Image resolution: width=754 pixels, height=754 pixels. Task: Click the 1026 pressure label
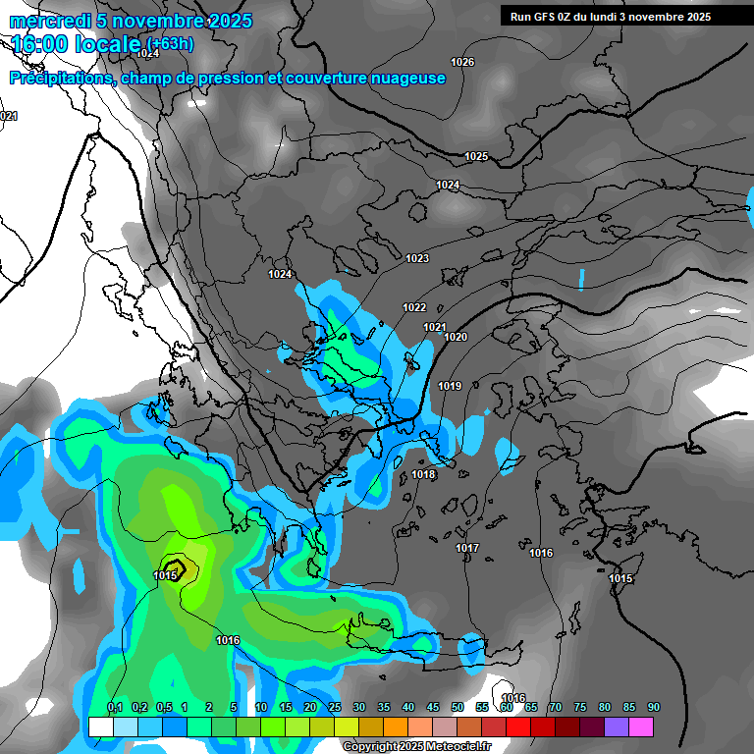pyautogui.click(x=462, y=63)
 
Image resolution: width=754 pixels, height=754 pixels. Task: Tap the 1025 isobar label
pyautogui.click(x=476, y=157)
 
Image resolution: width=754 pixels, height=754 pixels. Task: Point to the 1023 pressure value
pyautogui.click(x=417, y=259)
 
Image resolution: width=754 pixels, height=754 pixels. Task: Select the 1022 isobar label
pyautogui.click(x=414, y=308)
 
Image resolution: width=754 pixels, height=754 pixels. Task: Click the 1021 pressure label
pyautogui.click(x=435, y=328)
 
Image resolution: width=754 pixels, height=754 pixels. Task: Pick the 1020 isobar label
pyautogui.click(x=456, y=338)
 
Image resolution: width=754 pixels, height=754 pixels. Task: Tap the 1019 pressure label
pyautogui.click(x=450, y=387)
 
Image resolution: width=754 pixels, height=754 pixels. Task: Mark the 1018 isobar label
pyautogui.click(x=423, y=475)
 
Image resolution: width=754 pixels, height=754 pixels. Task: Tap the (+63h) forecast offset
pyautogui.click(x=171, y=43)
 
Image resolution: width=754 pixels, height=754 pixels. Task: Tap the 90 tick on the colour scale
pyautogui.click(x=653, y=708)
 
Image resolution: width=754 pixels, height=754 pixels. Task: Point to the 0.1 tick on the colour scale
pyautogui.click(x=114, y=708)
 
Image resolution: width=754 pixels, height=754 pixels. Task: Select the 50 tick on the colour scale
pyautogui.click(x=458, y=708)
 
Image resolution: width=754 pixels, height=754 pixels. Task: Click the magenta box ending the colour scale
pyautogui.click(x=641, y=727)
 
